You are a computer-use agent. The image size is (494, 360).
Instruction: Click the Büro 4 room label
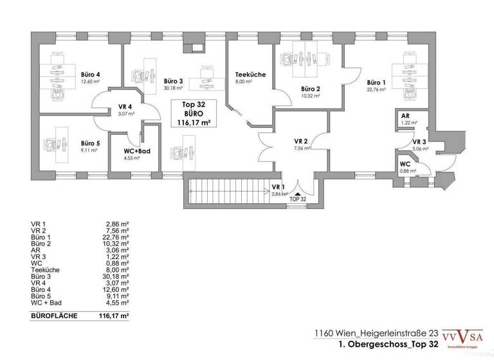pos(90,74)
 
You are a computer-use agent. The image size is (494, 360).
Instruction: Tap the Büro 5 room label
pos(90,143)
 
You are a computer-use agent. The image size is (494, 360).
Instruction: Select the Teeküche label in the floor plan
pos(250,75)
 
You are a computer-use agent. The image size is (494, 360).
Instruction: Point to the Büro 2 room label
pos(311,89)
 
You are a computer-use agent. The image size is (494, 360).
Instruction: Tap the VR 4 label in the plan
pos(125,107)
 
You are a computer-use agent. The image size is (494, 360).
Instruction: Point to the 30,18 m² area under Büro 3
pos(173,88)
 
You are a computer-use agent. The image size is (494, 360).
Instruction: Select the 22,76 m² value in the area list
pos(118,241)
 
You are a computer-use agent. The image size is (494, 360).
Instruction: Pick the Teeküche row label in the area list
pos(45,270)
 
